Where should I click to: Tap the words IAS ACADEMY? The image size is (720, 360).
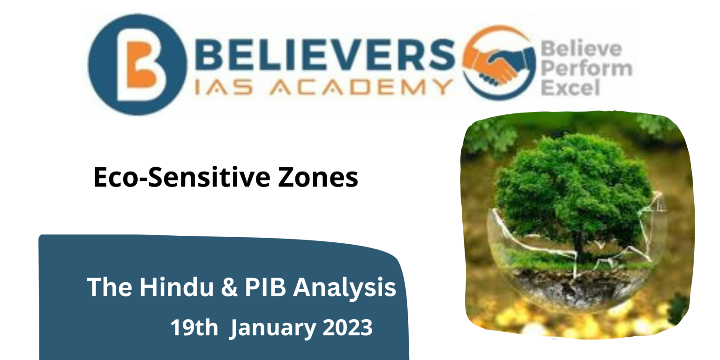tap(323, 87)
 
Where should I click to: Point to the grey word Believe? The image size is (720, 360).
tap(581, 49)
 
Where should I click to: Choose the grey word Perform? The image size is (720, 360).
tap(586, 68)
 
